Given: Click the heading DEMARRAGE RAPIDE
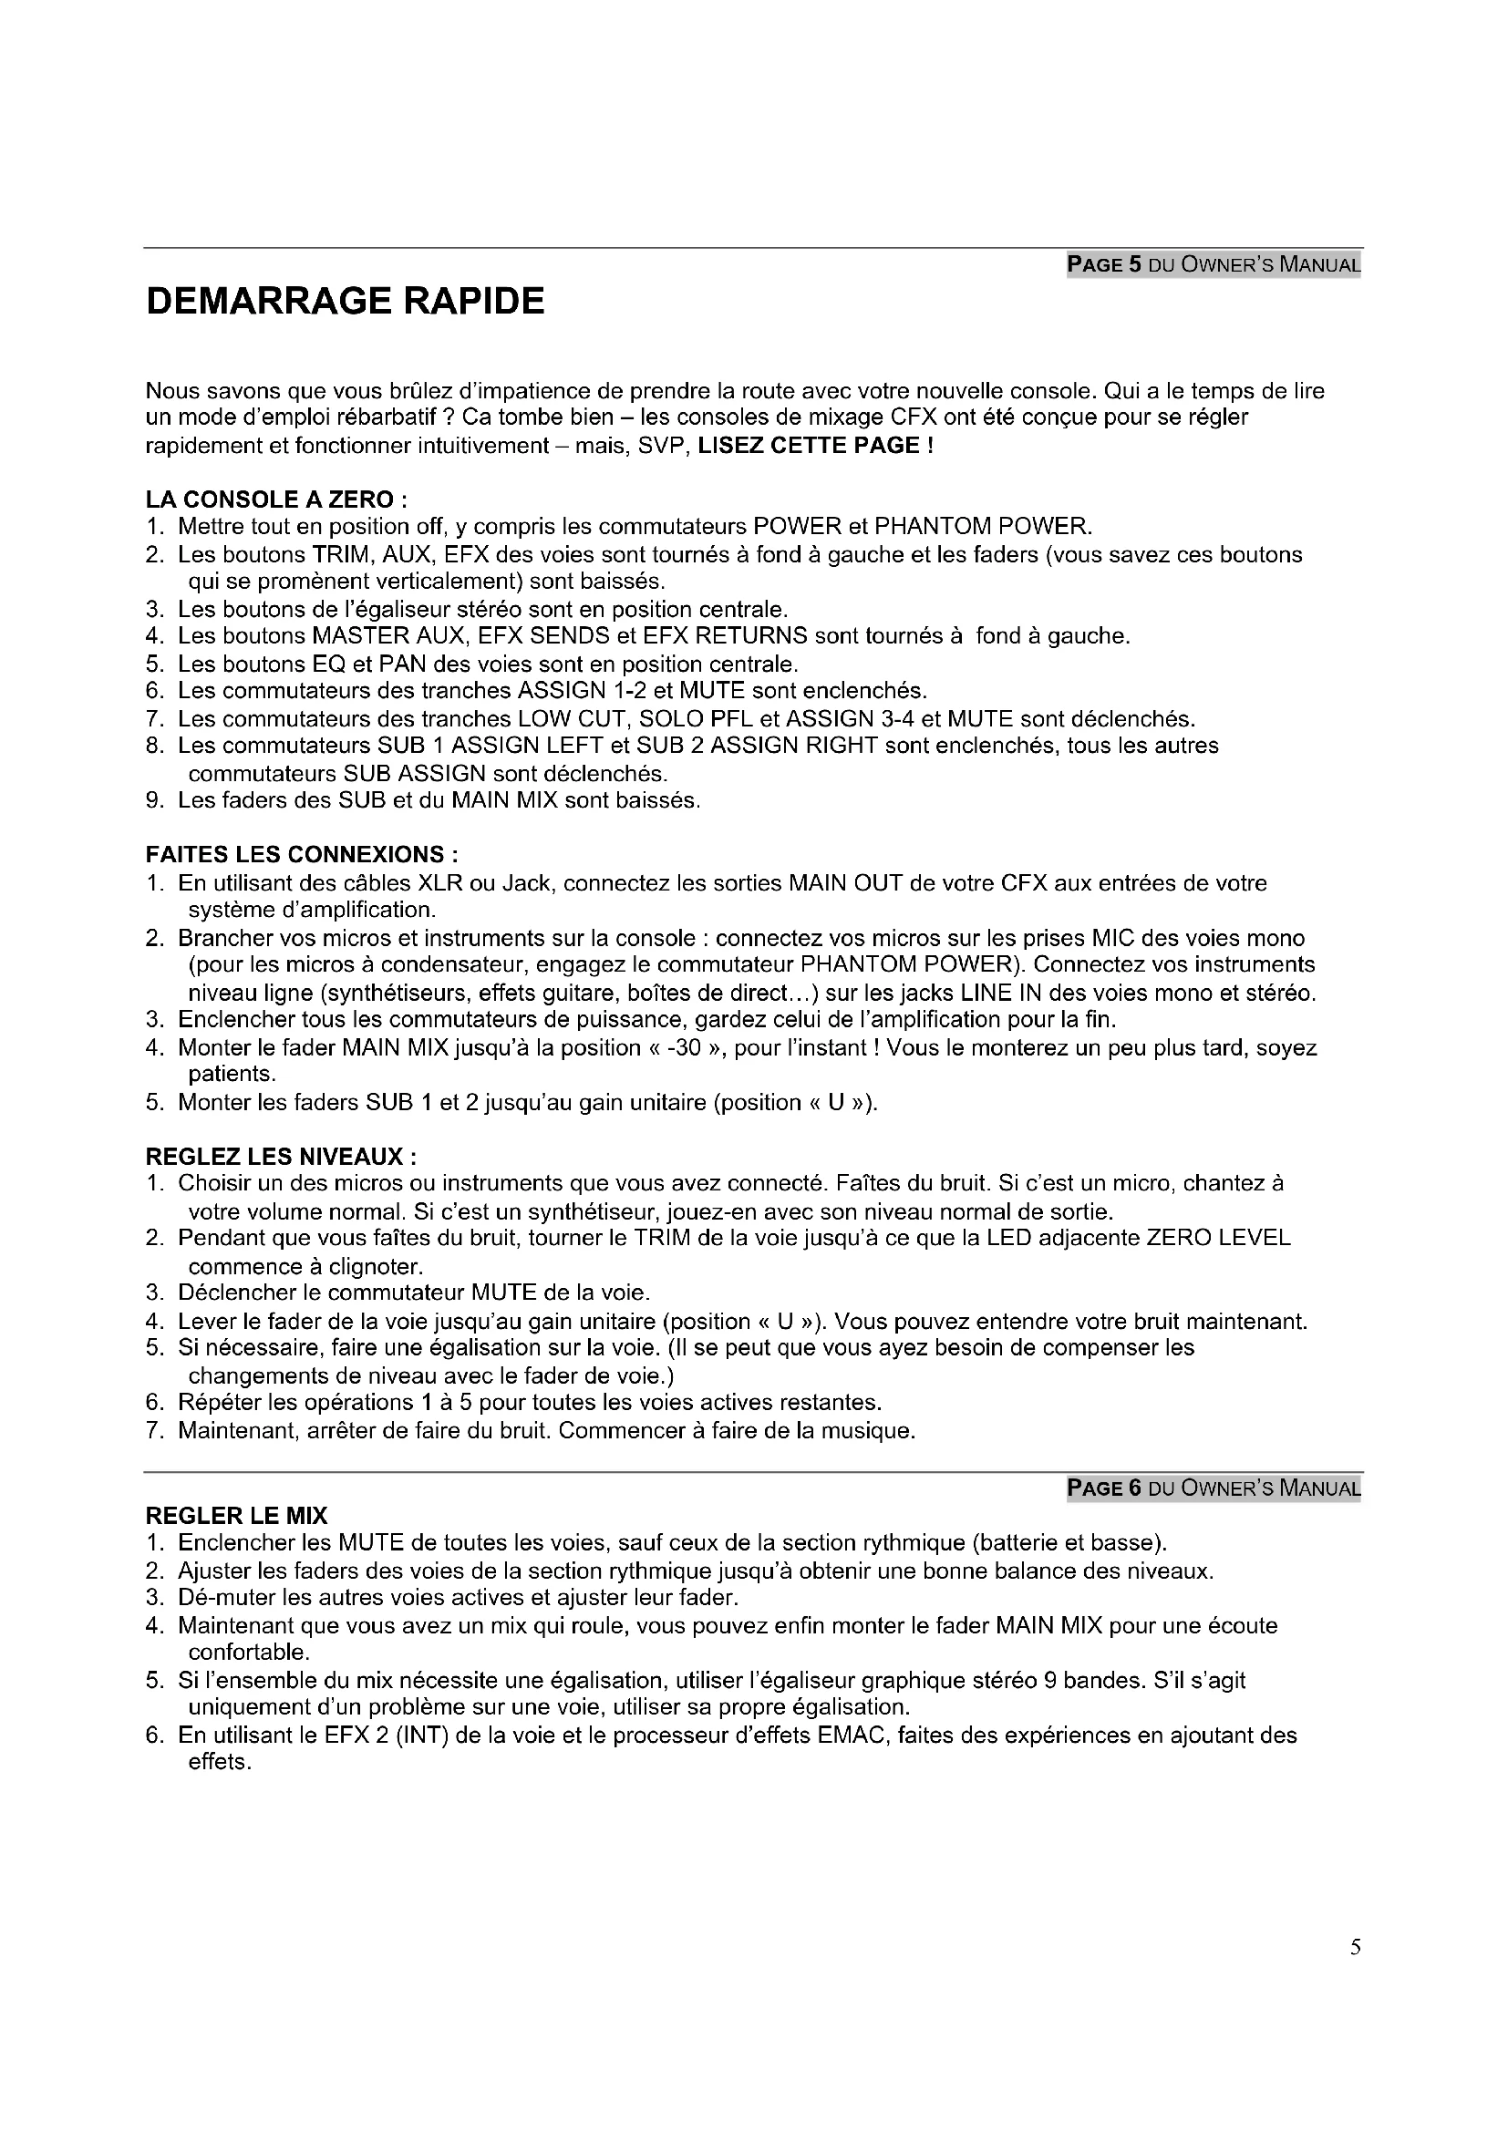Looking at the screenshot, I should click(345, 302).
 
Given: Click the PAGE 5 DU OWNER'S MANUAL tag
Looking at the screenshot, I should click(1213, 264).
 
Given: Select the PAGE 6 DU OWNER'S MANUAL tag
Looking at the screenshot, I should click(1213, 1488).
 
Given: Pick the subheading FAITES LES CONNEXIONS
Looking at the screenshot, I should click(302, 854).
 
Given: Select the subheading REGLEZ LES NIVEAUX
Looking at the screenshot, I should click(282, 1157).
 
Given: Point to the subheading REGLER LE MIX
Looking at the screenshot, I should click(237, 1517).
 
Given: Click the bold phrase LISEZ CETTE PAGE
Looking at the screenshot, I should click(814, 446).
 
